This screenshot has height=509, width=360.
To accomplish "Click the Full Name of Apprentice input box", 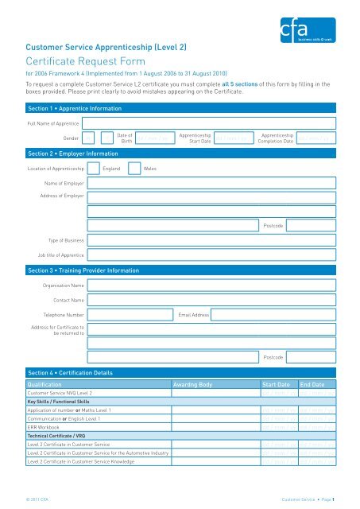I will click(x=209, y=123).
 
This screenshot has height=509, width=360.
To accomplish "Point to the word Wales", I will click(x=150, y=169).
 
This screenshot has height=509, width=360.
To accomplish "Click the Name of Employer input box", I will click(x=209, y=183).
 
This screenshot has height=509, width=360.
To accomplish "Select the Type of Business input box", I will click(x=209, y=239).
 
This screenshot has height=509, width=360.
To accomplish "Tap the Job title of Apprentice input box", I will click(x=209, y=255).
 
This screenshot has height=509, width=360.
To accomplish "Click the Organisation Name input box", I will click(x=209, y=284).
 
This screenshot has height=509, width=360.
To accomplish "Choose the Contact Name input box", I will click(x=209, y=300).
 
